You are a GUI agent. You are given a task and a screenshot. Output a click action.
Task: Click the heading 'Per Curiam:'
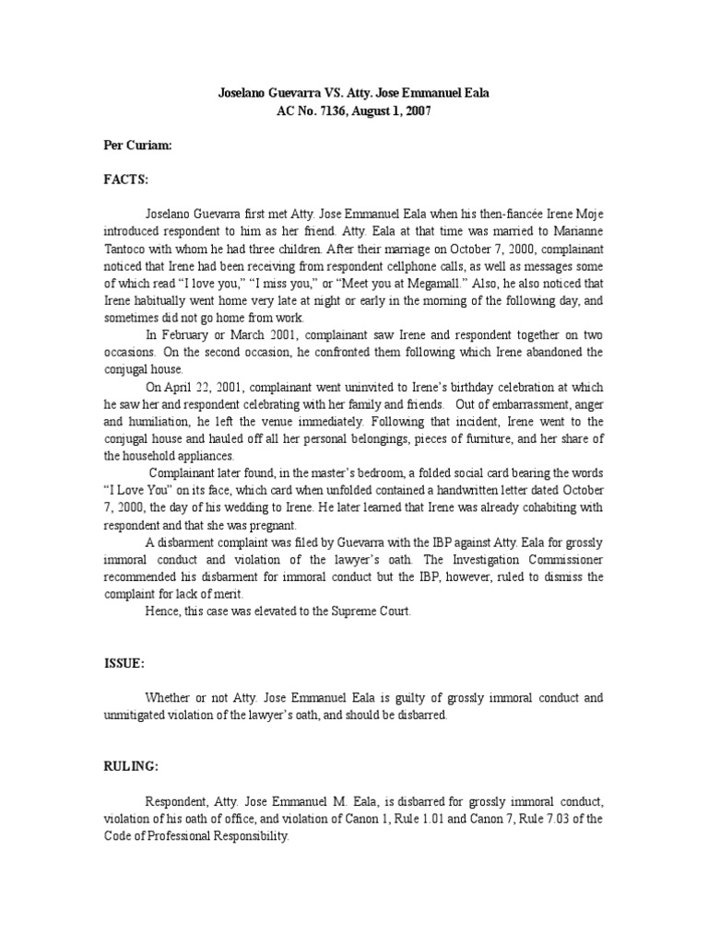point(134,146)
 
